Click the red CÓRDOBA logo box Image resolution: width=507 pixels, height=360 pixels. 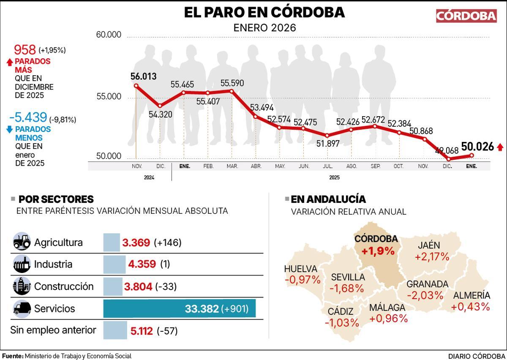[x=466, y=16]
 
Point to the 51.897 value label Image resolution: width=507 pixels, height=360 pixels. [x=327, y=144]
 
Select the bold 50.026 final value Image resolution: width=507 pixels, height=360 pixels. [x=477, y=147]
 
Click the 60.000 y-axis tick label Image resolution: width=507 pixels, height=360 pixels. [x=109, y=35]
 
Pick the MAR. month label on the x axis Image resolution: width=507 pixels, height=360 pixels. [x=232, y=166]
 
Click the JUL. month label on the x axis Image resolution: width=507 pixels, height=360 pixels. [x=327, y=166]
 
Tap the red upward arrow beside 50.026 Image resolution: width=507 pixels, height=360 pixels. [x=500, y=147]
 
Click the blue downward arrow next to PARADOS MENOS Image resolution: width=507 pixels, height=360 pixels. [x=10, y=129]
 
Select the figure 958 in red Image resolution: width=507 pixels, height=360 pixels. [x=25, y=50]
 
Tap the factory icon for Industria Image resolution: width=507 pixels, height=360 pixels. [x=22, y=265]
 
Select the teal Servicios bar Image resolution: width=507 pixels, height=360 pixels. [x=179, y=309]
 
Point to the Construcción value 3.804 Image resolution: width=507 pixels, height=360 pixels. [x=138, y=286]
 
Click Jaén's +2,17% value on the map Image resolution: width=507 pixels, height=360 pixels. [x=429, y=257]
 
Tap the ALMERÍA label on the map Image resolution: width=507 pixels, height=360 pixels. [x=471, y=295]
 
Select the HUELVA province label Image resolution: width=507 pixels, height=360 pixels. [x=300, y=269]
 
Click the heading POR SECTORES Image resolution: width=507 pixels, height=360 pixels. [x=56, y=199]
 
